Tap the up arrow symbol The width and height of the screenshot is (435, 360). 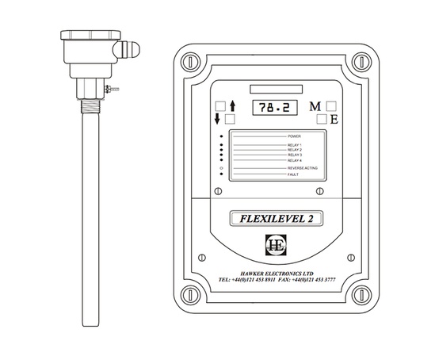pos(232,105)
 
